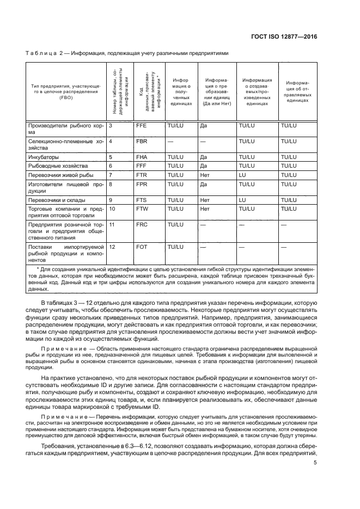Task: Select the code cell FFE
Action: tap(141, 125)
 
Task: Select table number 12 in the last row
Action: tap(113, 247)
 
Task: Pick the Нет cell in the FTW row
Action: tap(205, 208)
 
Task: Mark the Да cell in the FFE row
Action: tap(204, 125)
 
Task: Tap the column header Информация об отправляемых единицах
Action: tap(297, 91)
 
